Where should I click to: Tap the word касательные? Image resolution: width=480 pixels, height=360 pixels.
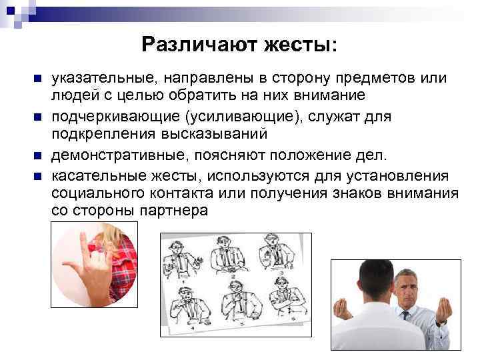click(x=93, y=175)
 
